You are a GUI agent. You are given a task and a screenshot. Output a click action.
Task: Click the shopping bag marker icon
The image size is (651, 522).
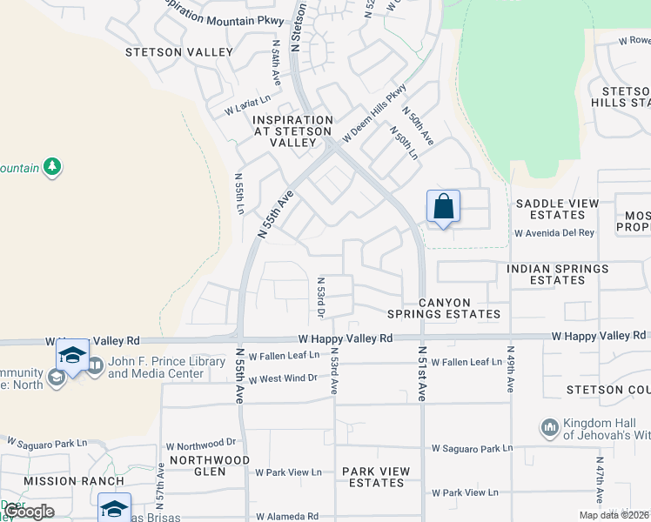pos(443,207)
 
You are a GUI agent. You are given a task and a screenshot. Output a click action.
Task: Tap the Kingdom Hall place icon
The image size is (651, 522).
pos(549,427)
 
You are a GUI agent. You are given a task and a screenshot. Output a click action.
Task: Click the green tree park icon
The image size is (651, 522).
pos(53,166)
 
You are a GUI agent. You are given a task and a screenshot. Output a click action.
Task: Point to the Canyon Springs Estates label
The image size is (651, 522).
pos(460,308)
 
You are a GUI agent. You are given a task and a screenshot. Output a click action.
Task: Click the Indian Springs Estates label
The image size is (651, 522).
pos(558,275)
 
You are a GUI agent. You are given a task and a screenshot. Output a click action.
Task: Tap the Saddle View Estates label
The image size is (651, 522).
pos(557,209)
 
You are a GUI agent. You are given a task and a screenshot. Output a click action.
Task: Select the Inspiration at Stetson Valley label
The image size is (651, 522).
pos(292,131)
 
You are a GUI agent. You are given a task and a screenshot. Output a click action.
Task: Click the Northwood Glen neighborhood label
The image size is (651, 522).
pos(210,465)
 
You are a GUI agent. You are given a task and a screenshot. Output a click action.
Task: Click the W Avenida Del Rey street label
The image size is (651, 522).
pos(554,233)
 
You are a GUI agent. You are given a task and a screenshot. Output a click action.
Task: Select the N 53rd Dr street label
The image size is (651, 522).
pos(321,297)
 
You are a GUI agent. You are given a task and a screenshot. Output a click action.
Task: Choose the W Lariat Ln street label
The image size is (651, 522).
pos(248,108)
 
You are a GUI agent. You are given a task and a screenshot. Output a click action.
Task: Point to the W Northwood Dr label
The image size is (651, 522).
pos(199,442)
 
